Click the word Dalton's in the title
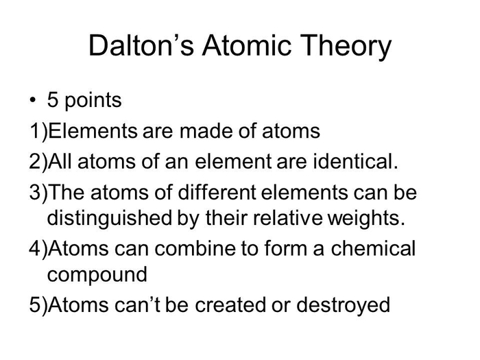(141, 45)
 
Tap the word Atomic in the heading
(247, 45)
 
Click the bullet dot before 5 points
(33, 100)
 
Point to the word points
(93, 101)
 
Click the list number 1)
(38, 132)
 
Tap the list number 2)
(38, 162)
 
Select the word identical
(355, 161)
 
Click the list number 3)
(38, 193)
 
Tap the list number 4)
(38, 249)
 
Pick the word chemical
(373, 248)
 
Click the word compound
(97, 275)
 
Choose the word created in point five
(230, 304)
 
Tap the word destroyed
(343, 306)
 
